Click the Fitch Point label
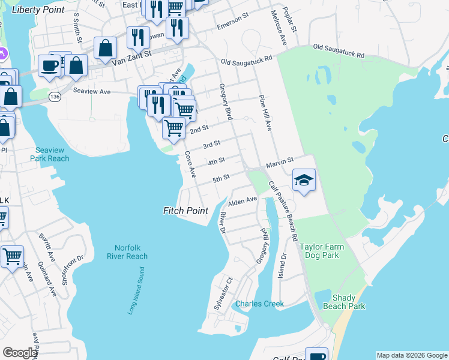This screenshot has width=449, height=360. pyautogui.click(x=185, y=211)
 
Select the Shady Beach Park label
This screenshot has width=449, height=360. pyautogui.click(x=348, y=302)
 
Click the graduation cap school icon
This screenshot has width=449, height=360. pyautogui.click(x=304, y=180)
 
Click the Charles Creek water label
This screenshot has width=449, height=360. pyautogui.click(x=259, y=304)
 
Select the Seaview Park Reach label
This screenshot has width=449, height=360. pyautogui.click(x=52, y=154)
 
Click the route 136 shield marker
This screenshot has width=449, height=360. pyautogui.click(x=55, y=96)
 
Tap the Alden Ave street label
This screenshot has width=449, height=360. pyautogui.click(x=243, y=199)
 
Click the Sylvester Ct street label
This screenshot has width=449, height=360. pyautogui.click(x=223, y=293)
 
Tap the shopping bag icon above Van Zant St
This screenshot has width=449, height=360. pyautogui.click(x=105, y=49)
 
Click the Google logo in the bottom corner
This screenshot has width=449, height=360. pyautogui.click(x=19, y=353)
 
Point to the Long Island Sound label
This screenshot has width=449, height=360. pyautogui.click(x=136, y=292)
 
